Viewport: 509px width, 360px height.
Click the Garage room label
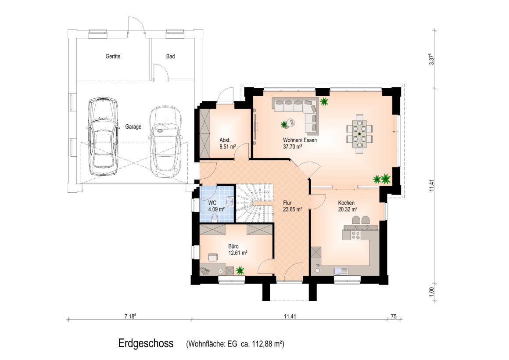(x=133, y=127)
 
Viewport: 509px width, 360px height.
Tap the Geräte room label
(x=113, y=56)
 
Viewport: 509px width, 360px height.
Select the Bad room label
(x=170, y=56)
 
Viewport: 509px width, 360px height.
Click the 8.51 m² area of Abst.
(x=228, y=147)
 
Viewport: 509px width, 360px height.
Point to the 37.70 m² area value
(x=293, y=147)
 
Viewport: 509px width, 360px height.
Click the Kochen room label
(x=346, y=203)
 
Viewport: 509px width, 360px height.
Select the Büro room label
(x=234, y=246)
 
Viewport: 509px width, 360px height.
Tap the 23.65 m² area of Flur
(x=293, y=209)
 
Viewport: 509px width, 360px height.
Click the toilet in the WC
(x=215, y=217)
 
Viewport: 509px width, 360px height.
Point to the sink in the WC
(x=230, y=202)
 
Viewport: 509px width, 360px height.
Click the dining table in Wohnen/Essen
(x=360, y=133)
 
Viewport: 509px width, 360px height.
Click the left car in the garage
(x=102, y=136)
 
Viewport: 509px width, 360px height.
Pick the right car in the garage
(x=165, y=141)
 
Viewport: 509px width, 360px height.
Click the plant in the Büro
(x=240, y=270)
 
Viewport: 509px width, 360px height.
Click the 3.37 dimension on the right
(x=431, y=59)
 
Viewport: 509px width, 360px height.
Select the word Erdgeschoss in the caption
(x=146, y=343)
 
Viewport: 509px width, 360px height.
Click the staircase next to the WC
(x=254, y=203)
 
